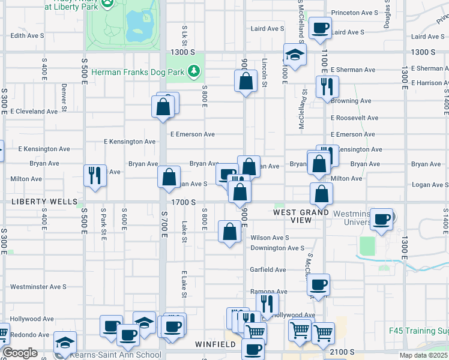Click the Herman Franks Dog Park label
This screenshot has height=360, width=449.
[x=143, y=73]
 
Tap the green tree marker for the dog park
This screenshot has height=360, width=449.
[x=193, y=73]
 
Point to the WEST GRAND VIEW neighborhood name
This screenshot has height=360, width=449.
[x=301, y=216]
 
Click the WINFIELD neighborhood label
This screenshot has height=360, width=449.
[x=216, y=344]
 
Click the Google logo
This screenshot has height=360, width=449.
[x=20, y=353]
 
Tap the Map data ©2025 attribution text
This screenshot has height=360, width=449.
[x=423, y=355]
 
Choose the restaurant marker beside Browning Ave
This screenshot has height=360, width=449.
[x=327, y=86]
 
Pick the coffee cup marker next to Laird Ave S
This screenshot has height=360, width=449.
[x=320, y=28]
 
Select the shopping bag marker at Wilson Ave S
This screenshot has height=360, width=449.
[x=230, y=232]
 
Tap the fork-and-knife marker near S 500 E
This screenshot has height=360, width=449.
[x=95, y=176]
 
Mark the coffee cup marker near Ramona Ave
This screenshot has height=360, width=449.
[x=319, y=284]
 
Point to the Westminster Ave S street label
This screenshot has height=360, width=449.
[x=38, y=287]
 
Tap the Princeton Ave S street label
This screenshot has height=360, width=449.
[x=355, y=12]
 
